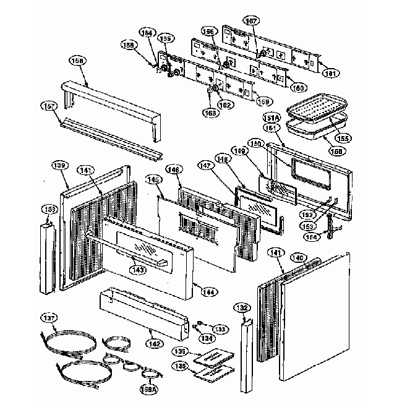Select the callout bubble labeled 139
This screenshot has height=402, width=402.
tap(59, 165)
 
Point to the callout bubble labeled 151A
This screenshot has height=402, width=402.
tap(273, 118)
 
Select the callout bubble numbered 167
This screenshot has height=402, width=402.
tap(250, 21)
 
